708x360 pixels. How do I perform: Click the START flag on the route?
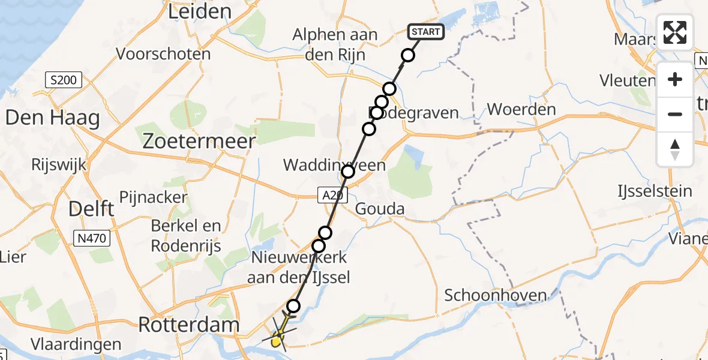tap(425, 31)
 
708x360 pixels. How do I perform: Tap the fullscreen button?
tap(675, 32)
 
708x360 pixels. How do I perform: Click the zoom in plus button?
tap(675, 79)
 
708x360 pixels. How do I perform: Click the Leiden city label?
tap(200, 11)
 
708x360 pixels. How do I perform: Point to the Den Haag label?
tap(52, 118)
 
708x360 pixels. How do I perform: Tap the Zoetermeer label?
tap(199, 140)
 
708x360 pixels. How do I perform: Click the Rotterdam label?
tap(189, 325)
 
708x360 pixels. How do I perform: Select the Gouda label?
tap(380, 209)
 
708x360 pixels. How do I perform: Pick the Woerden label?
tap(521, 110)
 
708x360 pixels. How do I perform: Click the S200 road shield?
tap(64, 80)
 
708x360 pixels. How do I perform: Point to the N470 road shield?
tap(91, 238)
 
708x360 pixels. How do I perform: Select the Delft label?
tap(91, 209)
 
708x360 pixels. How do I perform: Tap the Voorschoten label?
tap(163, 54)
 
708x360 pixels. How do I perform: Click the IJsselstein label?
tap(655, 191)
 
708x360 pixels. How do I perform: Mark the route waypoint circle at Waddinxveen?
tap(348, 172)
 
